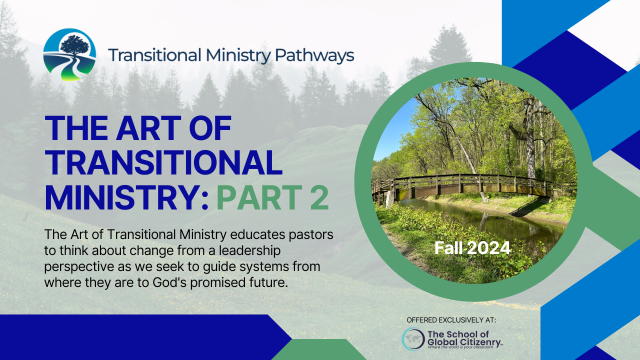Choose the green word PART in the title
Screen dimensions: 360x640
(260, 197)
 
